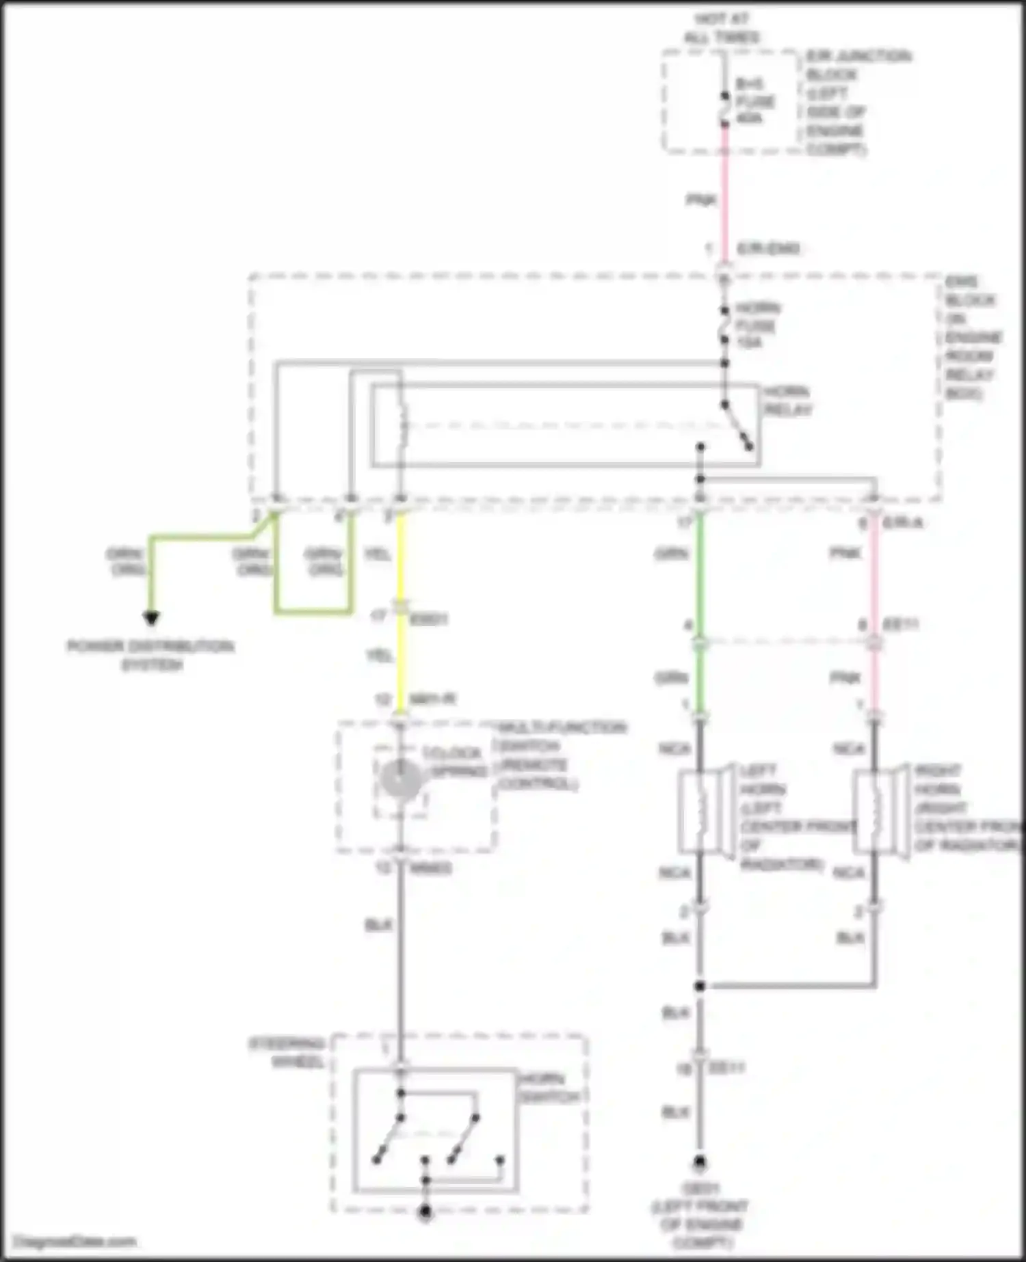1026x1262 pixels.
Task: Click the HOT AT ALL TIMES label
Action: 722,28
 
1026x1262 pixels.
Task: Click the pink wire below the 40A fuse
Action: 725,198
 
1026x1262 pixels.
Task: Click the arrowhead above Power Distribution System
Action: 151,618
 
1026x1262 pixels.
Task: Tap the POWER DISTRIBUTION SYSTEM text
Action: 151,655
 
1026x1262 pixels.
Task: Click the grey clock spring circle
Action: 401,779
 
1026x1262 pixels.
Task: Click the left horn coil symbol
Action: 700,811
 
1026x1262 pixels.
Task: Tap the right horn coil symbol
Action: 875,811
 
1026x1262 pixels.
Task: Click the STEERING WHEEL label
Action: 287,1053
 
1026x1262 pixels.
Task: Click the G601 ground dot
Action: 700,1162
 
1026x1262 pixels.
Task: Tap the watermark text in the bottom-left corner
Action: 75,1241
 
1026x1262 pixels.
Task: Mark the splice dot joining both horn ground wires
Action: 700,986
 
